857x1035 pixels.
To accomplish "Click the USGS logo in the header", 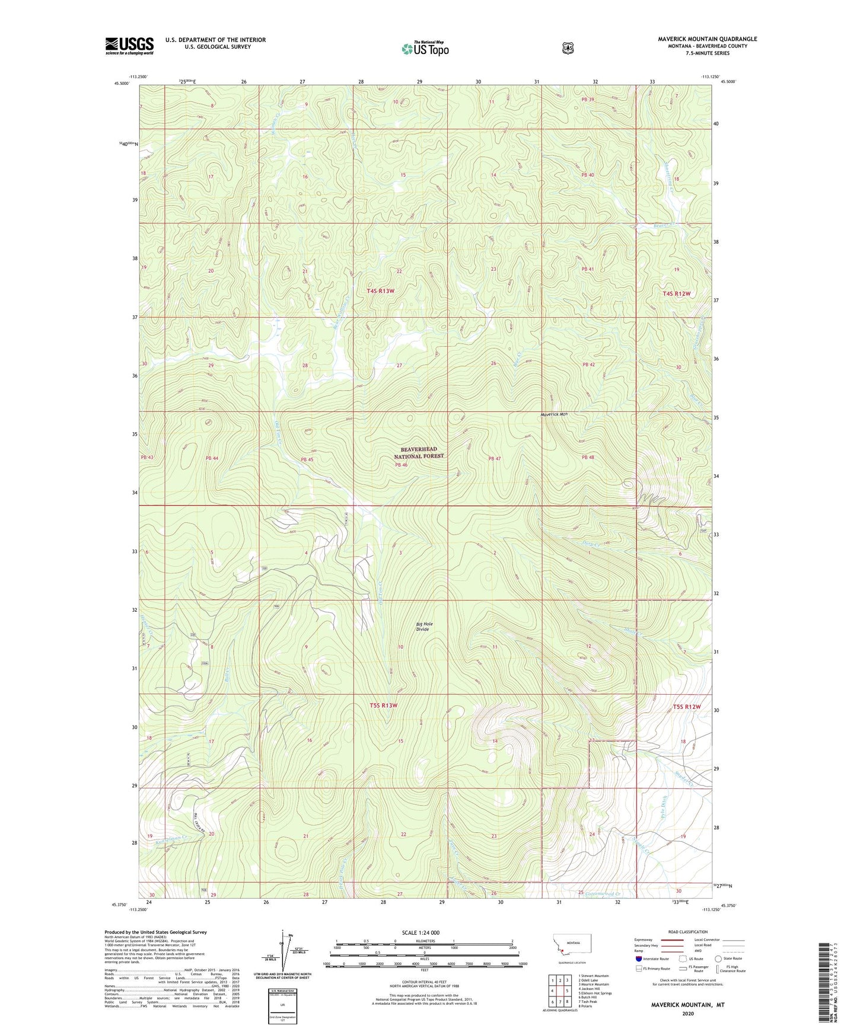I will click(129, 46).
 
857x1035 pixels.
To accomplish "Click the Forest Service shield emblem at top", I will click(568, 48).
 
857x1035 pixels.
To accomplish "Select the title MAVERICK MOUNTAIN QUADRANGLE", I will click(707, 39).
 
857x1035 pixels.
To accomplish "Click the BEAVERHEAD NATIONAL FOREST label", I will click(419, 452).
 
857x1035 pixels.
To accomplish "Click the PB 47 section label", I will click(495, 459).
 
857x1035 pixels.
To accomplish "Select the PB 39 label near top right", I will click(587, 100).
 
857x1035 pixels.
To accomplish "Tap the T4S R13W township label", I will click(380, 290).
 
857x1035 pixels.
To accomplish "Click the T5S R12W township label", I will click(687, 707).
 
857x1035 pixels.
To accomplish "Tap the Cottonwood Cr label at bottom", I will click(603, 894).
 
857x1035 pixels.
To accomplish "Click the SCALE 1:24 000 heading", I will click(420, 932).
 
